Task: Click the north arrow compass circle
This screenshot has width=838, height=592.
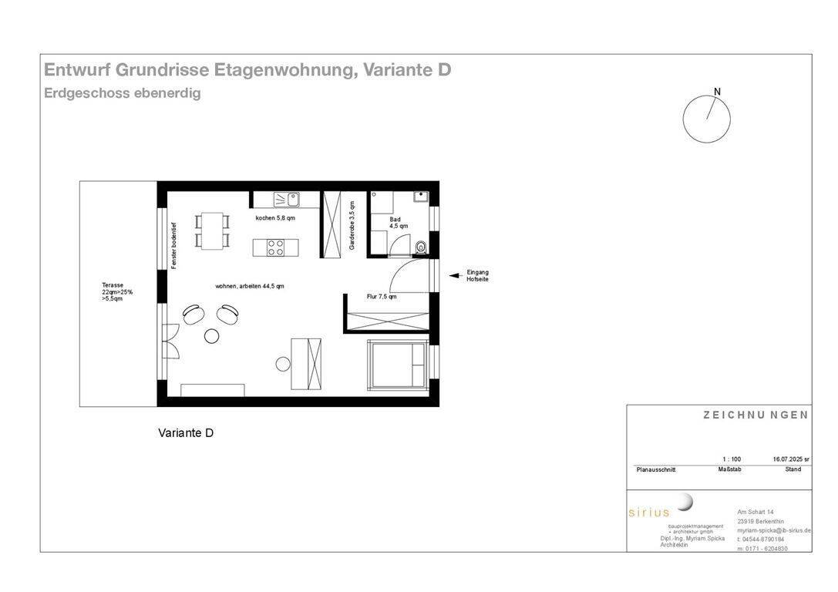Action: pyautogui.click(x=706, y=119)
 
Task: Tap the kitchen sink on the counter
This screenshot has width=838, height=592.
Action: pyautogui.click(x=286, y=200)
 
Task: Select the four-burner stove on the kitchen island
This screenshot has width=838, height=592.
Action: pyautogui.click(x=275, y=247)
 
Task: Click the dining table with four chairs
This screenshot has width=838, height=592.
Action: pyautogui.click(x=214, y=230)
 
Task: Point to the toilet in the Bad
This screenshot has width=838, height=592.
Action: pyautogui.click(x=420, y=247)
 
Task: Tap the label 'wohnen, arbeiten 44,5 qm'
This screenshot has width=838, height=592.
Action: pyautogui.click(x=250, y=286)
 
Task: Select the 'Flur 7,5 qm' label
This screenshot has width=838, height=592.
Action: pyautogui.click(x=382, y=296)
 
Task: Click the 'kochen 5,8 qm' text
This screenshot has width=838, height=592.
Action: pyautogui.click(x=275, y=218)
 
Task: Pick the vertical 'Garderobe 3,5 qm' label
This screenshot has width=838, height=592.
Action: pyautogui.click(x=352, y=226)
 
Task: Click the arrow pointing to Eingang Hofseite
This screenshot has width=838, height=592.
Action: pyautogui.click(x=454, y=274)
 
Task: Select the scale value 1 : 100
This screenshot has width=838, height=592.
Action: pyautogui.click(x=731, y=459)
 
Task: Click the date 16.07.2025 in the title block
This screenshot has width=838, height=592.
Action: pyautogui.click(x=786, y=459)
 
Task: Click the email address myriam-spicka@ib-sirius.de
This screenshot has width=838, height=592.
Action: pyautogui.click(x=773, y=530)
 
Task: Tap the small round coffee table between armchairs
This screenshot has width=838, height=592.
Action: pyautogui.click(x=212, y=335)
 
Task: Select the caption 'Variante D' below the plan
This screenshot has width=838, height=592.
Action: pyautogui.click(x=186, y=433)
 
